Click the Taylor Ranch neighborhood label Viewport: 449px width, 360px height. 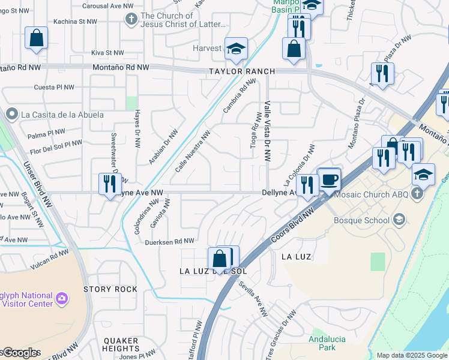(x=241, y=71)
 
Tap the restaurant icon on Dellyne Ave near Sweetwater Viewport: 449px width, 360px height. (x=109, y=184)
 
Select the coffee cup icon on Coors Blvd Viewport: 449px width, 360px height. (x=329, y=179)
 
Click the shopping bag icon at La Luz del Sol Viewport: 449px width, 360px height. (x=220, y=259)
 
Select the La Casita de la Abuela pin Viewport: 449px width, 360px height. (x=11, y=114)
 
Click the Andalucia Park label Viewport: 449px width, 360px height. (x=327, y=343)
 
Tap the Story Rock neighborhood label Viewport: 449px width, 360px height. (x=110, y=289)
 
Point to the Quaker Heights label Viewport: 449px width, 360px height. (x=121, y=344)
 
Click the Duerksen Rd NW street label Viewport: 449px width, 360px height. (x=170, y=241)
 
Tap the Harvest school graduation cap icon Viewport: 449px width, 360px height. (x=236, y=49)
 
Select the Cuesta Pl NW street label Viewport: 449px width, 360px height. (x=54, y=87)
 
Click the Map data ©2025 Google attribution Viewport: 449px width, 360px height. (x=412, y=355)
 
